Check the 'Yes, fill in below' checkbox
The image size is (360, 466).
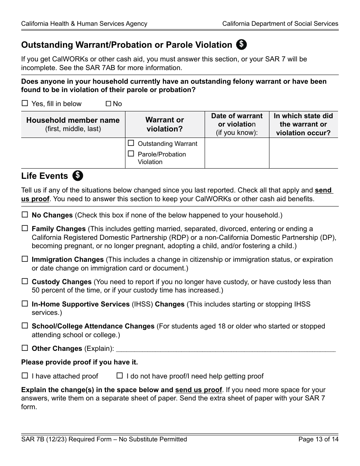pyautogui.click(x=25, y=103)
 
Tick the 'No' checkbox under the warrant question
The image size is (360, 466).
pyautogui.click(x=108, y=103)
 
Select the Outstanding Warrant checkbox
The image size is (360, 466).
pyautogui.click(x=131, y=143)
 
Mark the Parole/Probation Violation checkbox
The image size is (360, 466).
pyautogui.click(x=131, y=154)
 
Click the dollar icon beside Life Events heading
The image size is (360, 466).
pyautogui.click(x=78, y=175)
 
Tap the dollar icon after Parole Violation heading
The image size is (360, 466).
pyautogui.click(x=241, y=44)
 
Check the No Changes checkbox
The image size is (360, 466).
pyautogui.click(x=25, y=214)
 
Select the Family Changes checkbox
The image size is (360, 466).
pyautogui.click(x=25, y=228)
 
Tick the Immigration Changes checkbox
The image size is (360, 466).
pyautogui.click(x=25, y=259)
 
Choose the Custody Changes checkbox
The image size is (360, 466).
pyautogui.click(x=25, y=281)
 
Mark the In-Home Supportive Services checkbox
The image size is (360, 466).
pyautogui.click(x=25, y=303)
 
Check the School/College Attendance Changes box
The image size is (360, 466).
pyautogui.click(x=25, y=325)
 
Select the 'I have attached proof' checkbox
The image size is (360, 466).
pyautogui.click(x=25, y=376)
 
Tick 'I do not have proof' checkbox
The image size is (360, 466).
pyautogui.click(x=120, y=376)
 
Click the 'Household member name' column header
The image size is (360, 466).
pyautogui.click(x=73, y=124)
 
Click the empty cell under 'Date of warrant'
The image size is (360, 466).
pyautogui.click(x=237, y=153)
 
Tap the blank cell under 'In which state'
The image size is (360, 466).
pyautogui.click(x=303, y=153)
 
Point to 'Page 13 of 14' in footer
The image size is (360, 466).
pyautogui.click(x=318, y=439)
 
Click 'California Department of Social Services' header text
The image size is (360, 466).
pyautogui.click(x=280, y=23)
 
